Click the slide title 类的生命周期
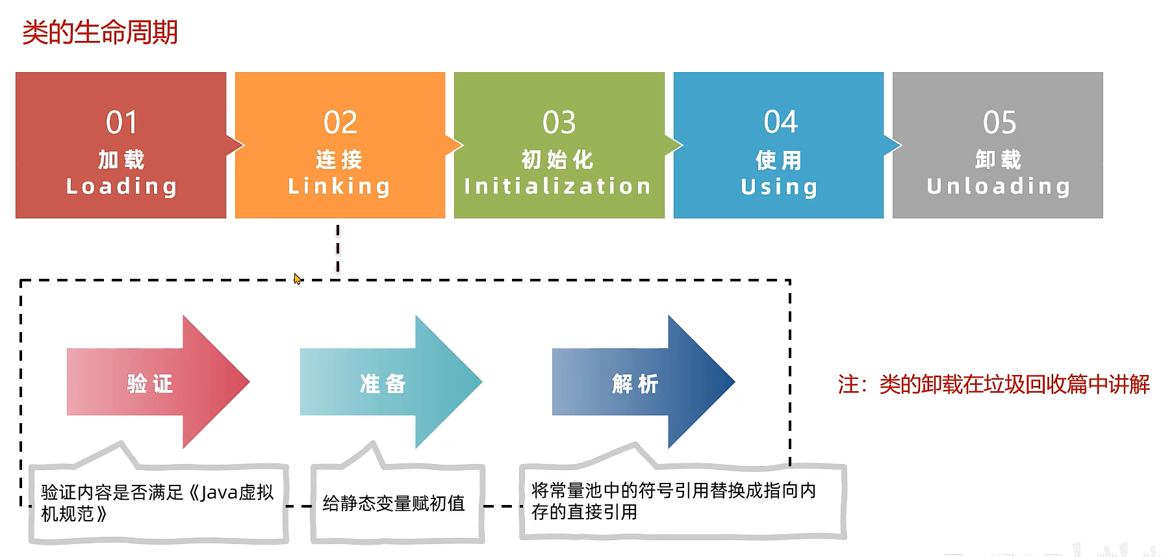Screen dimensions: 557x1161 coord(100,32)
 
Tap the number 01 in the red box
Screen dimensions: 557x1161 coord(121,123)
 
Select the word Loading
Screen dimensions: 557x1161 coord(121,187)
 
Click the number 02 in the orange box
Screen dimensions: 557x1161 coord(340,123)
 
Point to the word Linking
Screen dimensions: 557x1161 coord(339,187)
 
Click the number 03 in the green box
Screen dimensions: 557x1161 coord(559,123)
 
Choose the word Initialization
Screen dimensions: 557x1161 coord(557,187)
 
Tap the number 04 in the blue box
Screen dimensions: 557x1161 coord(780,122)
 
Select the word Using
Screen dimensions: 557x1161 coord(779,187)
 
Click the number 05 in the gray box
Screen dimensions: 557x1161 coord(999,123)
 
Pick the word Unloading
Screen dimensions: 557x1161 coord(999,187)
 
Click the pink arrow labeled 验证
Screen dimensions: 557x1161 coord(156,383)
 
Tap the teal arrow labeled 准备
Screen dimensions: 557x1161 coord(389,383)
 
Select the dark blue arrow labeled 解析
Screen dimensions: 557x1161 coord(641,383)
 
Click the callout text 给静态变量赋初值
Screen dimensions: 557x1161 coord(394,503)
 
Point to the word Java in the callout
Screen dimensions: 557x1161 coord(219,493)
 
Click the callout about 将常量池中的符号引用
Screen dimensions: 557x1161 coord(673,500)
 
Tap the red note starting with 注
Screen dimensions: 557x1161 coord(993,384)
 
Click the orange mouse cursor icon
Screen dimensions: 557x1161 coord(298,279)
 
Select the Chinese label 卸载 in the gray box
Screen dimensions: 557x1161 coord(998,159)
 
